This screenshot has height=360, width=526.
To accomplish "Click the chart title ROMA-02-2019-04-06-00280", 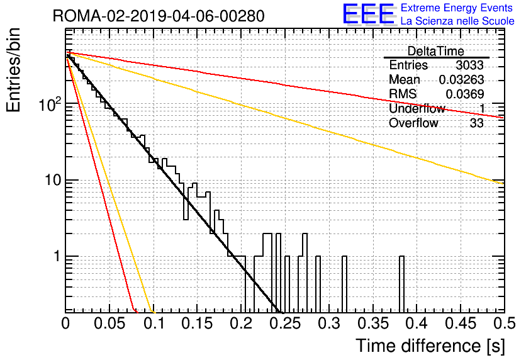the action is pos(159,16).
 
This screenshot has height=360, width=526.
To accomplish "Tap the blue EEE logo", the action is pos(368,14).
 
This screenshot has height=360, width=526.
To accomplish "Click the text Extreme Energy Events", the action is pos(457,8).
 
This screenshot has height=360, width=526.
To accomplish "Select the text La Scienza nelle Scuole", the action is pos(457,21).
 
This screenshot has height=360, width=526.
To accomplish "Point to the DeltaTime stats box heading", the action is pos(435,51).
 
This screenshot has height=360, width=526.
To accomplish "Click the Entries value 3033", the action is pos(469,65).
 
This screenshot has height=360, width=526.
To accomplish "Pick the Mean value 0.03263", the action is pos(462,79).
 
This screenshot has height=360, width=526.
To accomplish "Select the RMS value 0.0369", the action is pos(465,94).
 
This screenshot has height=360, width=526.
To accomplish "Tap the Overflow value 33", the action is pos(477,123).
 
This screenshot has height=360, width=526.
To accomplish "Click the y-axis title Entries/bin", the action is pos(13,70).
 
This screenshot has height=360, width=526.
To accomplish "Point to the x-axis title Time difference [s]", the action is pos(430,346).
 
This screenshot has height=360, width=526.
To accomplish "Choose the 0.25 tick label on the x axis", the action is pos(285,323).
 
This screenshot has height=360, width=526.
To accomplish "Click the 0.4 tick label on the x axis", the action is pos(417,323).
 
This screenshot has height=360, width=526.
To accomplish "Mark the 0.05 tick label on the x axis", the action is pos(109,323).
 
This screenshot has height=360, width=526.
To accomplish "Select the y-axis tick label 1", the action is pos(57,256).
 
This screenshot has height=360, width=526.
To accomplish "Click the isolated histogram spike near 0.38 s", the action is pos(401,284).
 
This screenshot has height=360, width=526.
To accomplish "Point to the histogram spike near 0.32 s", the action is pos(344,284).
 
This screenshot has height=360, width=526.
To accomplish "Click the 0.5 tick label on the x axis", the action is pos(505,323).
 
